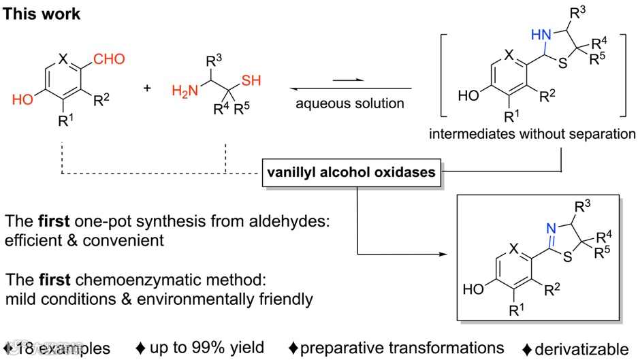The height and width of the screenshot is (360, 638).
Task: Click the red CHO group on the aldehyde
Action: pos(109,59)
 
